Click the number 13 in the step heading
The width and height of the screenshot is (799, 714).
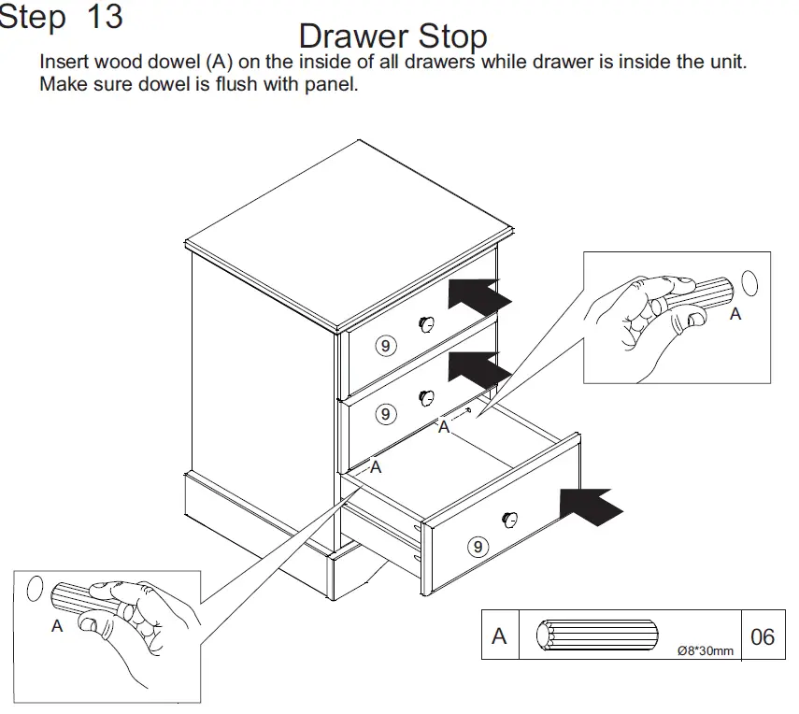click(104, 17)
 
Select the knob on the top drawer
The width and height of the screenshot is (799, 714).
click(426, 323)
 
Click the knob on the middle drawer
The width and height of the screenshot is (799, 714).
click(426, 396)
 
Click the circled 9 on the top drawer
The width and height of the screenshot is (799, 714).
click(386, 345)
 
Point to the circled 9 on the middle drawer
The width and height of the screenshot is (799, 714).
click(384, 412)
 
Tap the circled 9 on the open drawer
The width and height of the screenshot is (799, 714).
click(478, 547)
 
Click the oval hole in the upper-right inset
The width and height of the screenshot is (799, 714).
click(749, 282)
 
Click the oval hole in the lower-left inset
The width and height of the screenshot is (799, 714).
click(35, 588)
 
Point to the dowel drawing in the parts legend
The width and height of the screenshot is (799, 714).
click(597, 636)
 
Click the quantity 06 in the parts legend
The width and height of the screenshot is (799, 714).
click(763, 637)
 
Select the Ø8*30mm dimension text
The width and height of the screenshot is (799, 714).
click(706, 650)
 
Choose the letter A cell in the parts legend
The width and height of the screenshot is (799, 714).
click(499, 636)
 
